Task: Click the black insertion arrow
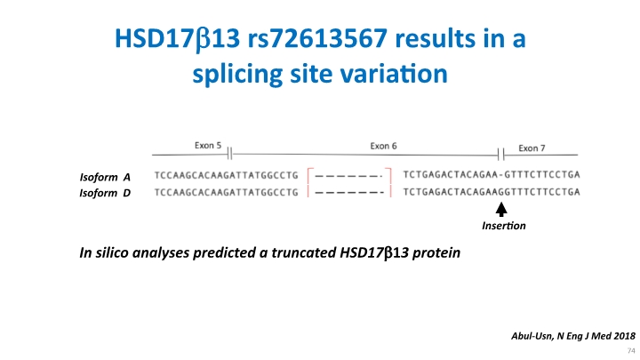coord(501,210)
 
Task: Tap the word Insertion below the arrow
coord(504,226)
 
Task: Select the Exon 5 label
coord(208,145)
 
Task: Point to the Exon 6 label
coord(383,146)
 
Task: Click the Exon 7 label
coord(532,148)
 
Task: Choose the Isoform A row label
coord(105,177)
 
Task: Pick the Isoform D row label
coord(105,193)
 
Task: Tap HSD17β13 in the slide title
coord(177,39)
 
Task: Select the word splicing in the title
coord(237,75)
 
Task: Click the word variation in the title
coord(394,74)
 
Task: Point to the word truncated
coord(304,252)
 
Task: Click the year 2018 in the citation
coord(625,336)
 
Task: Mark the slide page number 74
coord(631,350)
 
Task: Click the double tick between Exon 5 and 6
coord(230,154)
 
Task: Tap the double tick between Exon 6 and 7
coord(500,155)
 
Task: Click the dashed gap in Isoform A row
coord(349,176)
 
